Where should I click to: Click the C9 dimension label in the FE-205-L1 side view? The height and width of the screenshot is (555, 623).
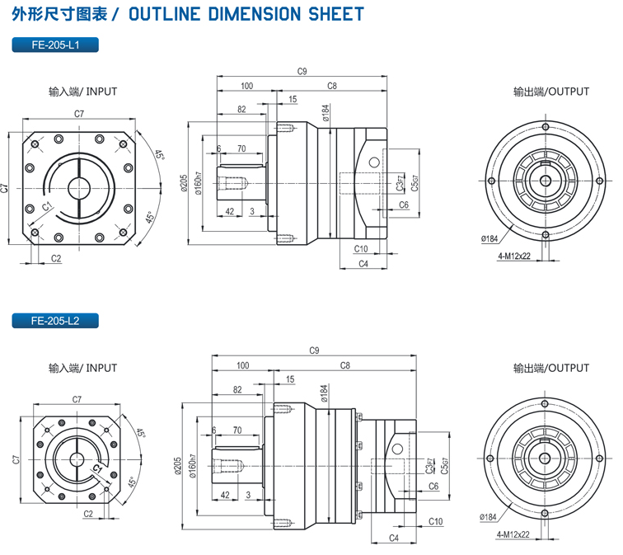[302, 72]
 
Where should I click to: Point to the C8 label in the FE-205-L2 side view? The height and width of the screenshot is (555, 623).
[344, 365]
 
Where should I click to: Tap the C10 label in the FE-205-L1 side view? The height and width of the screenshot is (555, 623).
[360, 248]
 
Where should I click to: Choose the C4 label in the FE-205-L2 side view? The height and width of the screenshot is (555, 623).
[393, 538]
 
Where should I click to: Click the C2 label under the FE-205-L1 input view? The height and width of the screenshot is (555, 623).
[56, 258]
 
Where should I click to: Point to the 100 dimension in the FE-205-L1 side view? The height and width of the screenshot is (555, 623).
[246, 86]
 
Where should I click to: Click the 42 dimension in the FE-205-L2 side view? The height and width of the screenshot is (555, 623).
[225, 495]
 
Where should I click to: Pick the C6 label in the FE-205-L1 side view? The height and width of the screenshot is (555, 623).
[404, 205]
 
